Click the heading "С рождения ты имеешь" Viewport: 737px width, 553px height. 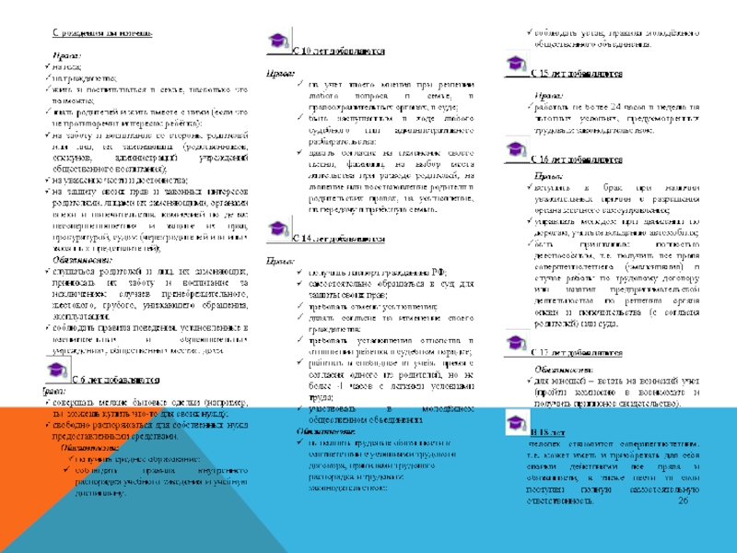click(x=101, y=34)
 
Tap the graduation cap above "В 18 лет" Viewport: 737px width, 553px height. click(x=518, y=423)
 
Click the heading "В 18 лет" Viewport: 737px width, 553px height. click(x=553, y=432)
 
